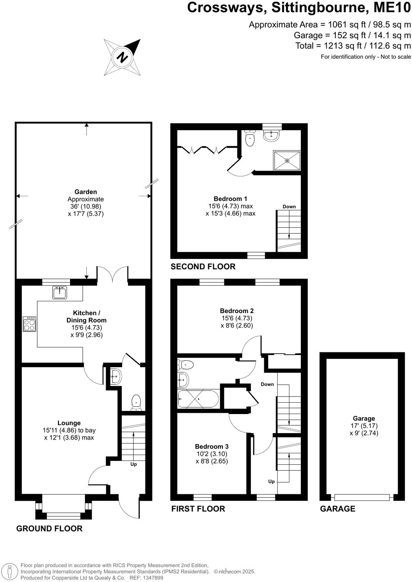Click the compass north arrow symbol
coord(122,57)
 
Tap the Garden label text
coord(86,192)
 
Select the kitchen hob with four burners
coord(30,324)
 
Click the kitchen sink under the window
coord(59,293)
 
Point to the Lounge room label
coord(69,423)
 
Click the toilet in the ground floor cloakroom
coord(136,403)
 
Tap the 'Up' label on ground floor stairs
coord(134,464)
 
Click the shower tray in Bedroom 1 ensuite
coord(287,161)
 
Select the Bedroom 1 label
coord(230,199)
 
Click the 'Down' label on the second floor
coord(289,207)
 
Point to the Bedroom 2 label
coord(236,311)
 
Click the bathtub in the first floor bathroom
coord(198,399)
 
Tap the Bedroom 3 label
coord(212,446)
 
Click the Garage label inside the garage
coord(364,418)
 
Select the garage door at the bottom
coord(362,497)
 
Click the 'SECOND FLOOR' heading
coord(203,267)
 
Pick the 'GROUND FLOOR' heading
coord(49,529)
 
